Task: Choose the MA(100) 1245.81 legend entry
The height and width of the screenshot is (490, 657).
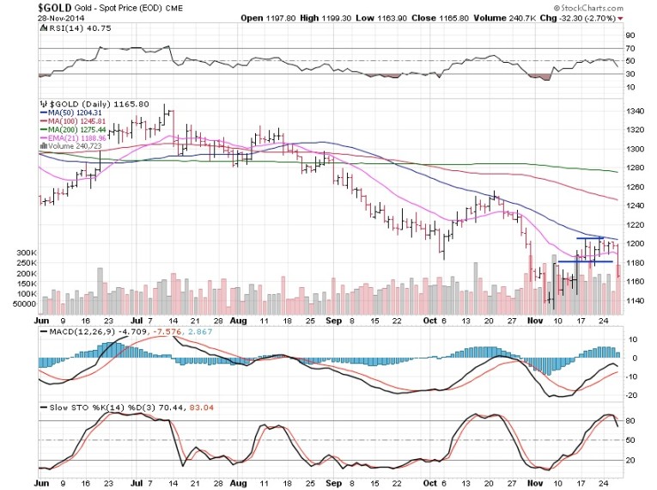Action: pos(76,121)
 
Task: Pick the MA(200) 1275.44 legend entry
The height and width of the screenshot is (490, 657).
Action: pos(76,130)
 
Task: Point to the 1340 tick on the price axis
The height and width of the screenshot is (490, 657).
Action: pos(637,111)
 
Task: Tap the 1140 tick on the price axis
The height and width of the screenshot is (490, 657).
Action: pos(637,301)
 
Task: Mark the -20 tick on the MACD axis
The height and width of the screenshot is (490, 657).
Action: pos(633,395)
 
